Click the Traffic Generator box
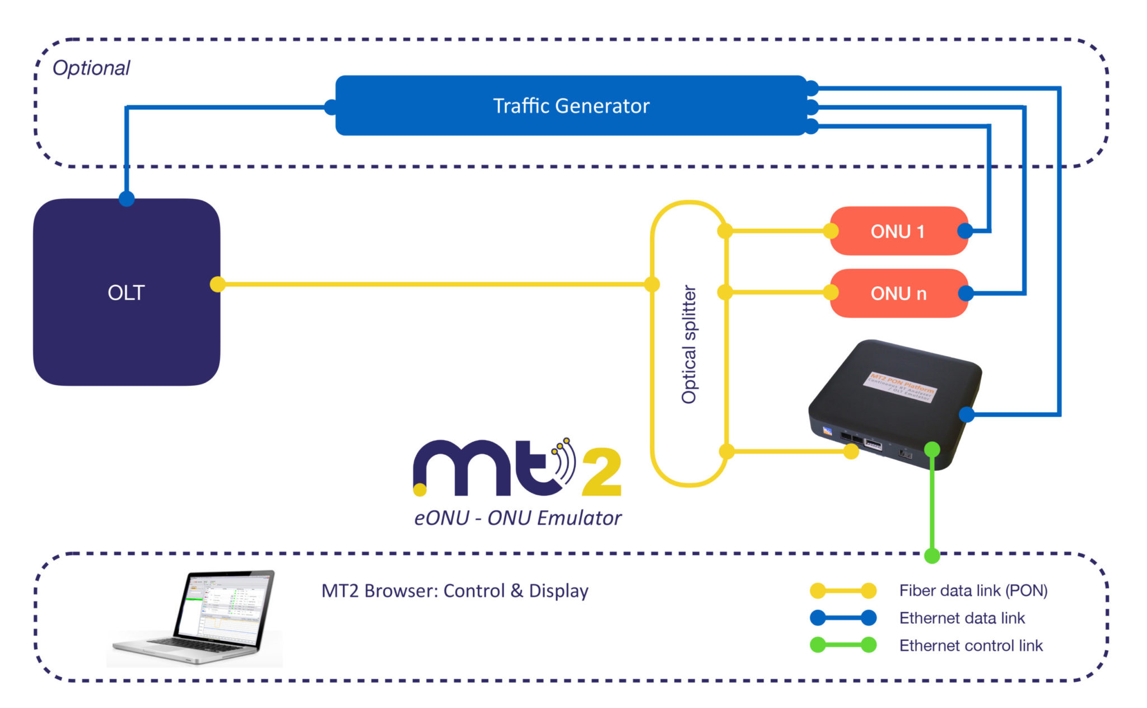(x=571, y=105)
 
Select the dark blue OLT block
(x=127, y=292)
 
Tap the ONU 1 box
(x=898, y=231)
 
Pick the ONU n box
(x=898, y=293)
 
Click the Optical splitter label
(x=689, y=344)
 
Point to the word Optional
(x=91, y=68)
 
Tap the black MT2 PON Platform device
(x=896, y=403)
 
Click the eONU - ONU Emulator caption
(x=517, y=518)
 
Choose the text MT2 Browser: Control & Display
(x=455, y=591)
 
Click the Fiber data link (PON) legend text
(x=973, y=590)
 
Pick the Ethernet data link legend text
(x=962, y=618)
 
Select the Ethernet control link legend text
(x=971, y=645)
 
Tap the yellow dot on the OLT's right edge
(x=217, y=284)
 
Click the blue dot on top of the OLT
(x=127, y=198)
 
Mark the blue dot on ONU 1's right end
(x=965, y=231)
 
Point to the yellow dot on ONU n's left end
(x=831, y=292)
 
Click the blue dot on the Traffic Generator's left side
(x=331, y=107)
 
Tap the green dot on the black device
(x=932, y=449)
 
